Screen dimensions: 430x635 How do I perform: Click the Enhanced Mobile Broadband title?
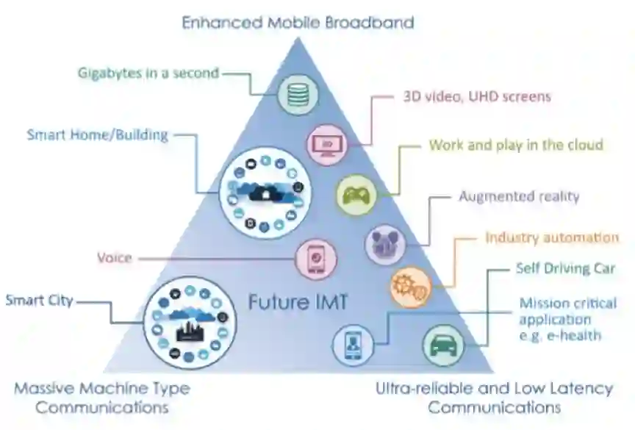(298, 22)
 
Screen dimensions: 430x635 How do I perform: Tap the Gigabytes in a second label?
(148, 73)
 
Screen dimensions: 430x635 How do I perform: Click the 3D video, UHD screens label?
(476, 96)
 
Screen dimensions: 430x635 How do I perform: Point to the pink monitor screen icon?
(325, 143)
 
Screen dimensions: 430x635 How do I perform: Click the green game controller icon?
(356, 195)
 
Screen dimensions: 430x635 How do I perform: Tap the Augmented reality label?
(520, 196)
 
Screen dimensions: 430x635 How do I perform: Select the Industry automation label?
(552, 237)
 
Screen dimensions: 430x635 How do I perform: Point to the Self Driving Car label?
(565, 268)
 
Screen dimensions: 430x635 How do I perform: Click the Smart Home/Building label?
(98, 135)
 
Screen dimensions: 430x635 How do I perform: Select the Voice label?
(115, 257)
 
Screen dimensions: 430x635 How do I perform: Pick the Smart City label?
(39, 300)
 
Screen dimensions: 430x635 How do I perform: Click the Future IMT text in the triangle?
(297, 301)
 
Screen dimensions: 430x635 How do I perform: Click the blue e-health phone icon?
(352, 344)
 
